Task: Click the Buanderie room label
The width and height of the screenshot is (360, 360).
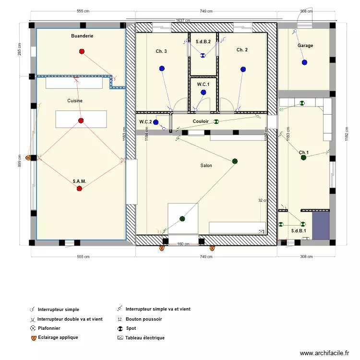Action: [x=82, y=36]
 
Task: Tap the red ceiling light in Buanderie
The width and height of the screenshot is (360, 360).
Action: [x=82, y=51]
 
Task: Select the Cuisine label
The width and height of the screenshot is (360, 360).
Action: [x=75, y=101]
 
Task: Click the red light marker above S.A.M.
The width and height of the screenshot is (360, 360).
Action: [x=79, y=189]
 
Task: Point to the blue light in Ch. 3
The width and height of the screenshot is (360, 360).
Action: [x=162, y=69]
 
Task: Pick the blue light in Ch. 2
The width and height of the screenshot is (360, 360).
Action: [x=243, y=70]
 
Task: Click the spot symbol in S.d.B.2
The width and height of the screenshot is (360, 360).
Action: [x=203, y=56]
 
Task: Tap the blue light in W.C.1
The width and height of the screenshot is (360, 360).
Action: [x=204, y=92]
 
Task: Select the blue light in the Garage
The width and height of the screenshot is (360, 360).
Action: [x=304, y=62]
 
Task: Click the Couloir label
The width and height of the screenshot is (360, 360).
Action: [x=201, y=121]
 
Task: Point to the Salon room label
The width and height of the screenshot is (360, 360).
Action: [x=206, y=166]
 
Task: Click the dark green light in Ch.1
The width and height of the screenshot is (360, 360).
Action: [x=303, y=157]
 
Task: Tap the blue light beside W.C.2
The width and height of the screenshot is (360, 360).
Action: [x=156, y=122]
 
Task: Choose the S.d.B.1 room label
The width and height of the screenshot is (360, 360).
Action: [x=299, y=231]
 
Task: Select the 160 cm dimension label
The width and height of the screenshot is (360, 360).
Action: [x=183, y=244]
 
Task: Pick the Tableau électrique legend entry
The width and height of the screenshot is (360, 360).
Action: [x=144, y=338]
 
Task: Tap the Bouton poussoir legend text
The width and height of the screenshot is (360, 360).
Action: [x=144, y=319]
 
